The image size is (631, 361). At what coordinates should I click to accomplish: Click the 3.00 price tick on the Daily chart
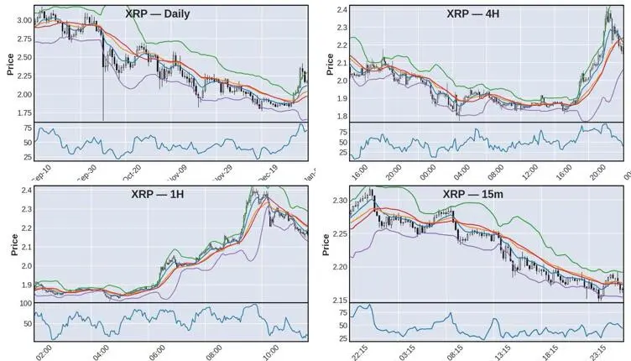point(23,19)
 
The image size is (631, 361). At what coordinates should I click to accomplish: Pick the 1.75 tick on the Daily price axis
point(23,112)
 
